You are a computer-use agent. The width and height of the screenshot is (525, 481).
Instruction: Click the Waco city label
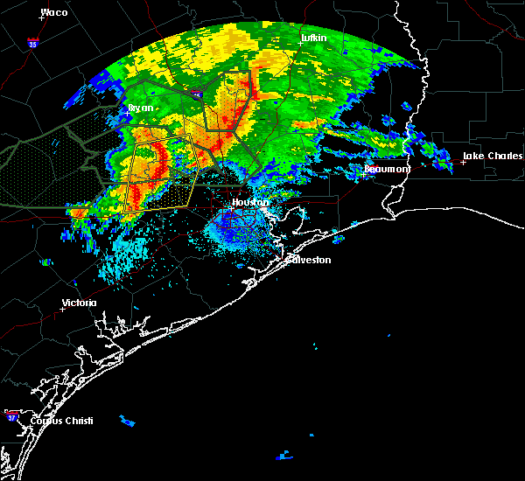tap(54, 12)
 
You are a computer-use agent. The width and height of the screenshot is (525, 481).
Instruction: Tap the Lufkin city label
tap(312, 38)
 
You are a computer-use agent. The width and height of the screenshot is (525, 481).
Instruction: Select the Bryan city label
tap(140, 108)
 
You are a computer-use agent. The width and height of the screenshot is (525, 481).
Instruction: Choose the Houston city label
tap(249, 202)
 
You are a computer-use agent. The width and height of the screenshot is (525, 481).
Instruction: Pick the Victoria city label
tap(79, 303)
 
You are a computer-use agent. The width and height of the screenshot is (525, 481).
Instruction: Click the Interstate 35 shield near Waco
tap(32, 42)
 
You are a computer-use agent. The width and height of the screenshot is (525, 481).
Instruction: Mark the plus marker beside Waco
tap(42, 18)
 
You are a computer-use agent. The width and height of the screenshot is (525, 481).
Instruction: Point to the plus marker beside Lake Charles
tap(463, 162)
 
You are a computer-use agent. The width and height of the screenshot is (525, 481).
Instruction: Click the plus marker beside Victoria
tap(62, 309)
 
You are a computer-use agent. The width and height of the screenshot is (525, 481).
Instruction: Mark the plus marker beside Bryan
tap(129, 114)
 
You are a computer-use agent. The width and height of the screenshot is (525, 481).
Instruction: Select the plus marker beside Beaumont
tap(364, 174)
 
